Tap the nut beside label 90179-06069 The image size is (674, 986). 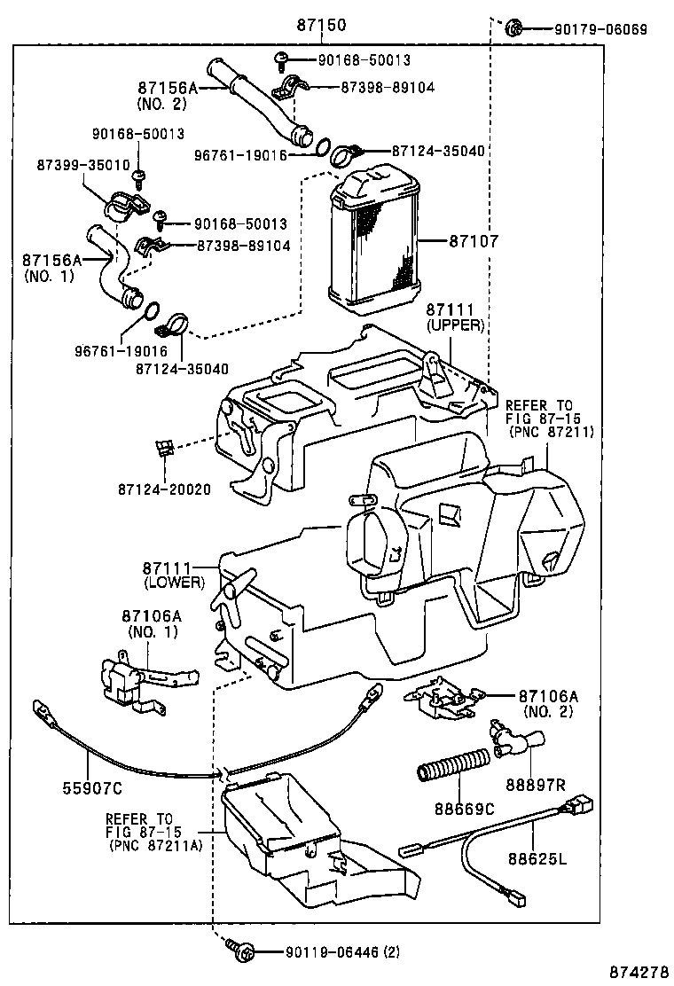click(x=513, y=28)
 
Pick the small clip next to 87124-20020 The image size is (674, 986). click(x=163, y=448)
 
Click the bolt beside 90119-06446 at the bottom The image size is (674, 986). click(x=241, y=951)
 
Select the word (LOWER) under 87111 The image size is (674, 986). click(x=174, y=583)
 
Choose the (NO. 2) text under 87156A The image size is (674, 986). click(x=163, y=104)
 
